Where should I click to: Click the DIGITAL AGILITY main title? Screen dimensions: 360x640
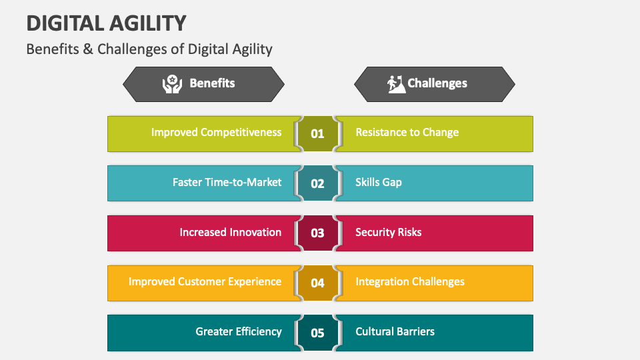(x=106, y=23)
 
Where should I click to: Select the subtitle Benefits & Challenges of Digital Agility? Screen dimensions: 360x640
(x=149, y=49)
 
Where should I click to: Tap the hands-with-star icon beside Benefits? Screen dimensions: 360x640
(x=173, y=83)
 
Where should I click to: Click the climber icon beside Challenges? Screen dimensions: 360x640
(x=396, y=83)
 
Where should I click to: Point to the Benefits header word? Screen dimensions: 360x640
(x=212, y=83)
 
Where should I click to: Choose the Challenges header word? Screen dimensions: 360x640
(x=437, y=83)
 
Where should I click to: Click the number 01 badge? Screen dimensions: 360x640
(x=317, y=133)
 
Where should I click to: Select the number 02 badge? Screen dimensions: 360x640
(x=317, y=183)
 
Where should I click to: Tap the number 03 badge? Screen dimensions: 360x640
(x=317, y=233)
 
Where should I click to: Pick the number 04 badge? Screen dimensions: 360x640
(x=317, y=283)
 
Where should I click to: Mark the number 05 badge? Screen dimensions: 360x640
(x=317, y=332)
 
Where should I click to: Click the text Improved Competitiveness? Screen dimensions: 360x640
(x=216, y=132)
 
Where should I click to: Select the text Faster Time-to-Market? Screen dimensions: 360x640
(x=227, y=182)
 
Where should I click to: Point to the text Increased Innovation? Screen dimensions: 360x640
(x=230, y=232)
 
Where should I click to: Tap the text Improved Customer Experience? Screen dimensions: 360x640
(x=205, y=281)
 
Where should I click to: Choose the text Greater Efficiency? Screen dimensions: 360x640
(x=238, y=331)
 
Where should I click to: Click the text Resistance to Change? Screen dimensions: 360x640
(x=407, y=132)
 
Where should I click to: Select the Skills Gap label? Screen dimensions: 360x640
(x=378, y=182)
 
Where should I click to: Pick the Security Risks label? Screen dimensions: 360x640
(x=388, y=232)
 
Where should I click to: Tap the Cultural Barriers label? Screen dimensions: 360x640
(x=395, y=331)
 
